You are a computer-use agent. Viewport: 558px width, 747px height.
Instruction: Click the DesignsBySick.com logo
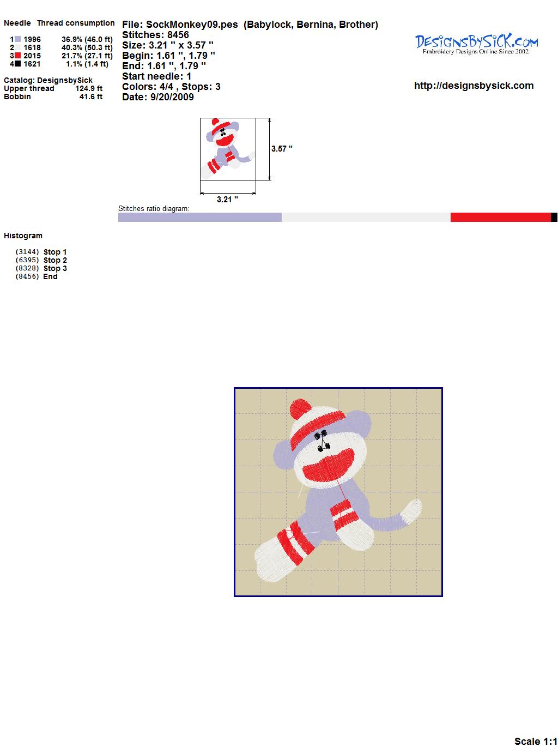coord(476,44)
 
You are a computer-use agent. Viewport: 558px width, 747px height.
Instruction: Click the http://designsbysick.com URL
coord(474,86)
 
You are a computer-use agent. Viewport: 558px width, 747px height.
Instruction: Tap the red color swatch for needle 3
coord(17,56)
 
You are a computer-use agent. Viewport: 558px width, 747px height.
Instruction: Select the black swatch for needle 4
coord(17,64)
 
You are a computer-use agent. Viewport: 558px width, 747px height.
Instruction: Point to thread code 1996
coord(32,39)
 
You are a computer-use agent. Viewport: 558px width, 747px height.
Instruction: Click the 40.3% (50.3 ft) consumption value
coord(87,47)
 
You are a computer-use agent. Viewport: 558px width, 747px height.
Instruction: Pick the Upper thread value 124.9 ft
coord(89,88)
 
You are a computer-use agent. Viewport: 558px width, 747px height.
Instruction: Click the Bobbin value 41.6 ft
coord(91,97)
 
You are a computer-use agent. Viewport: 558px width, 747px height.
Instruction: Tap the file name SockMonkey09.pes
coord(192,25)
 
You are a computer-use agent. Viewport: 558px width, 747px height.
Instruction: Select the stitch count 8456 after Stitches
coord(178,35)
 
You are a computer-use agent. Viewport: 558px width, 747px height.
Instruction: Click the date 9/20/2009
coord(172,97)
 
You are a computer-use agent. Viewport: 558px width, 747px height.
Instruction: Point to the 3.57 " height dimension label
coord(282,149)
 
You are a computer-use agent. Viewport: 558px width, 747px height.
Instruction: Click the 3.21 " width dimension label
coord(227,199)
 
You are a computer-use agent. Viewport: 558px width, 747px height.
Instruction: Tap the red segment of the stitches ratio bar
coord(501,217)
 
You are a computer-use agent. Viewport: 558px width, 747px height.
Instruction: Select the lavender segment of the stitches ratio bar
coord(200,217)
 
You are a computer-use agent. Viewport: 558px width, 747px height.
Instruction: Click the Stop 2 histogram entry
coord(55,260)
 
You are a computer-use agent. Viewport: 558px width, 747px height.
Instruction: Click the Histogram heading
coord(23,236)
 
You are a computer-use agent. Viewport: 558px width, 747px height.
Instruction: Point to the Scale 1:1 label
coord(536,738)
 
